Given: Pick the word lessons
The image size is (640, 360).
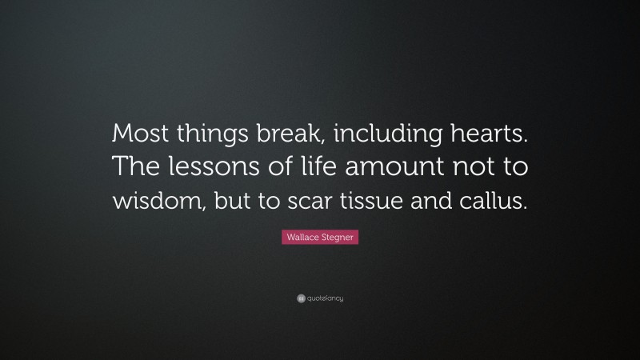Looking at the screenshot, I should tap(210, 166).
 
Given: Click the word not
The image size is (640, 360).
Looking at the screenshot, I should tap(462, 167).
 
